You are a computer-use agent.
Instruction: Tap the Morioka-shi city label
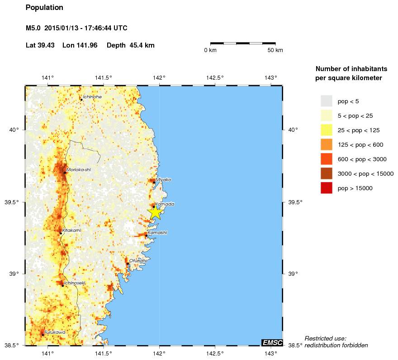click(76, 169)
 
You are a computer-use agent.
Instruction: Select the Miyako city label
click(164, 179)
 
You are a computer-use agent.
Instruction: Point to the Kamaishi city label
click(158, 232)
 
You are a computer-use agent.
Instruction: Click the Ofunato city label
click(138, 260)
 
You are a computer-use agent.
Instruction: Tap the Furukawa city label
click(55, 332)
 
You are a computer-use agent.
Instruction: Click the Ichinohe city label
click(92, 97)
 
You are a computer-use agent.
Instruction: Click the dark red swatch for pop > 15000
click(327, 188)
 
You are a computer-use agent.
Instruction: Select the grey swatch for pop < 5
click(327, 101)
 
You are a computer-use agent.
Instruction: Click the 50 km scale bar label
click(275, 50)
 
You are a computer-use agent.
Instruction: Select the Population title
click(44, 8)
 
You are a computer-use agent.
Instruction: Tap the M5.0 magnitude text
click(33, 28)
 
